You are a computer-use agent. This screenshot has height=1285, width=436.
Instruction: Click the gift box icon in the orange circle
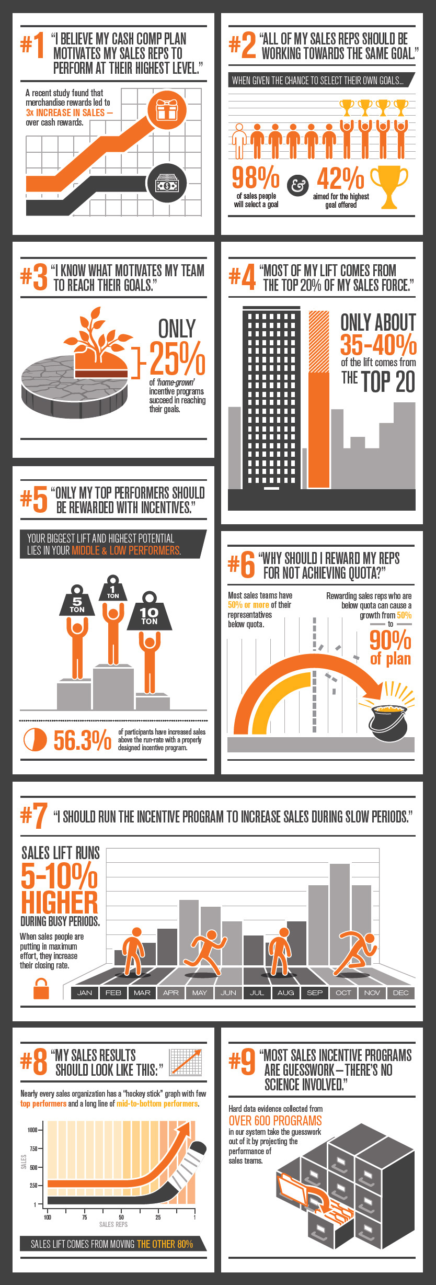[167, 110]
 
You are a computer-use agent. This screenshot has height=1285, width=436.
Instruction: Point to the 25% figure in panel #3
[177, 358]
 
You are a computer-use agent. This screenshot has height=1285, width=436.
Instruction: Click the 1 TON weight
[113, 588]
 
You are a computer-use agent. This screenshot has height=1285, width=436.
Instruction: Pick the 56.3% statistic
[82, 740]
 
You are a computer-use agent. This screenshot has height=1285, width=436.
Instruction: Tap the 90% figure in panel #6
[390, 639]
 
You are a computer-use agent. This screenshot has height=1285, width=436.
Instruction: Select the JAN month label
[85, 993]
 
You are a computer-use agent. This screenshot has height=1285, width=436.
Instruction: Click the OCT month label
[343, 993]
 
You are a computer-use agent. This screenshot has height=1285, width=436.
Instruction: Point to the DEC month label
[401, 993]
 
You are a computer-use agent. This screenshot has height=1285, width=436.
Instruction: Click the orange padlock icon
[41, 988]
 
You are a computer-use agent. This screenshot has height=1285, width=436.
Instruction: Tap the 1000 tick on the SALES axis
[32, 1130]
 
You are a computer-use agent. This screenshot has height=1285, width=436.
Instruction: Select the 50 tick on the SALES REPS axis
[121, 1218]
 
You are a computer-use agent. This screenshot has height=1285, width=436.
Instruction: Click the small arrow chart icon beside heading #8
[186, 1062]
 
